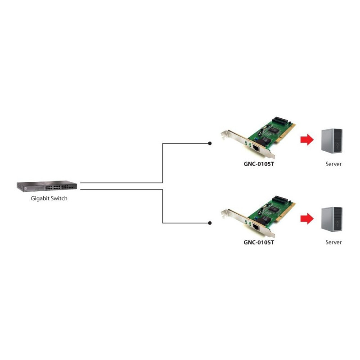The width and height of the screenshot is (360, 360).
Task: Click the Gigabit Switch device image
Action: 47,186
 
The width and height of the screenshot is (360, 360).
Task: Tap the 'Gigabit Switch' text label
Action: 49,198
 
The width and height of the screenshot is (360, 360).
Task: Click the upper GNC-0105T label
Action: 259,164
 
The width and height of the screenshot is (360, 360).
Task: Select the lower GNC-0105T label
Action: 259,243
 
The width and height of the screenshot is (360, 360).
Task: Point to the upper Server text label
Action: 333,164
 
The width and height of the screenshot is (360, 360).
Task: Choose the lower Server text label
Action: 333,242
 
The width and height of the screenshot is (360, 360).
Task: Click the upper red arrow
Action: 307,139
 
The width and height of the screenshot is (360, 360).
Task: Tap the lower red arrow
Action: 307,218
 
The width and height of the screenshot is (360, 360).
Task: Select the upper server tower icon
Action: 332,141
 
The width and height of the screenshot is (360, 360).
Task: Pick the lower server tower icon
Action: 332,219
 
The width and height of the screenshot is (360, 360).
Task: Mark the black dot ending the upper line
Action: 210,143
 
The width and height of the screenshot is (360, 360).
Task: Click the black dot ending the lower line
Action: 210,223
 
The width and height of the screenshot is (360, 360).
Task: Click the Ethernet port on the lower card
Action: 256,227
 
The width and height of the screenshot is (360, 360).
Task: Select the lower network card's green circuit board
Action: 270,213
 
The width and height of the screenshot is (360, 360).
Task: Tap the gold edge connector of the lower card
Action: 285,212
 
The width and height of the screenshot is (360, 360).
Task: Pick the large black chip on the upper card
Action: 274,130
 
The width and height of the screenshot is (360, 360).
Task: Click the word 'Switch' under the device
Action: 59,198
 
